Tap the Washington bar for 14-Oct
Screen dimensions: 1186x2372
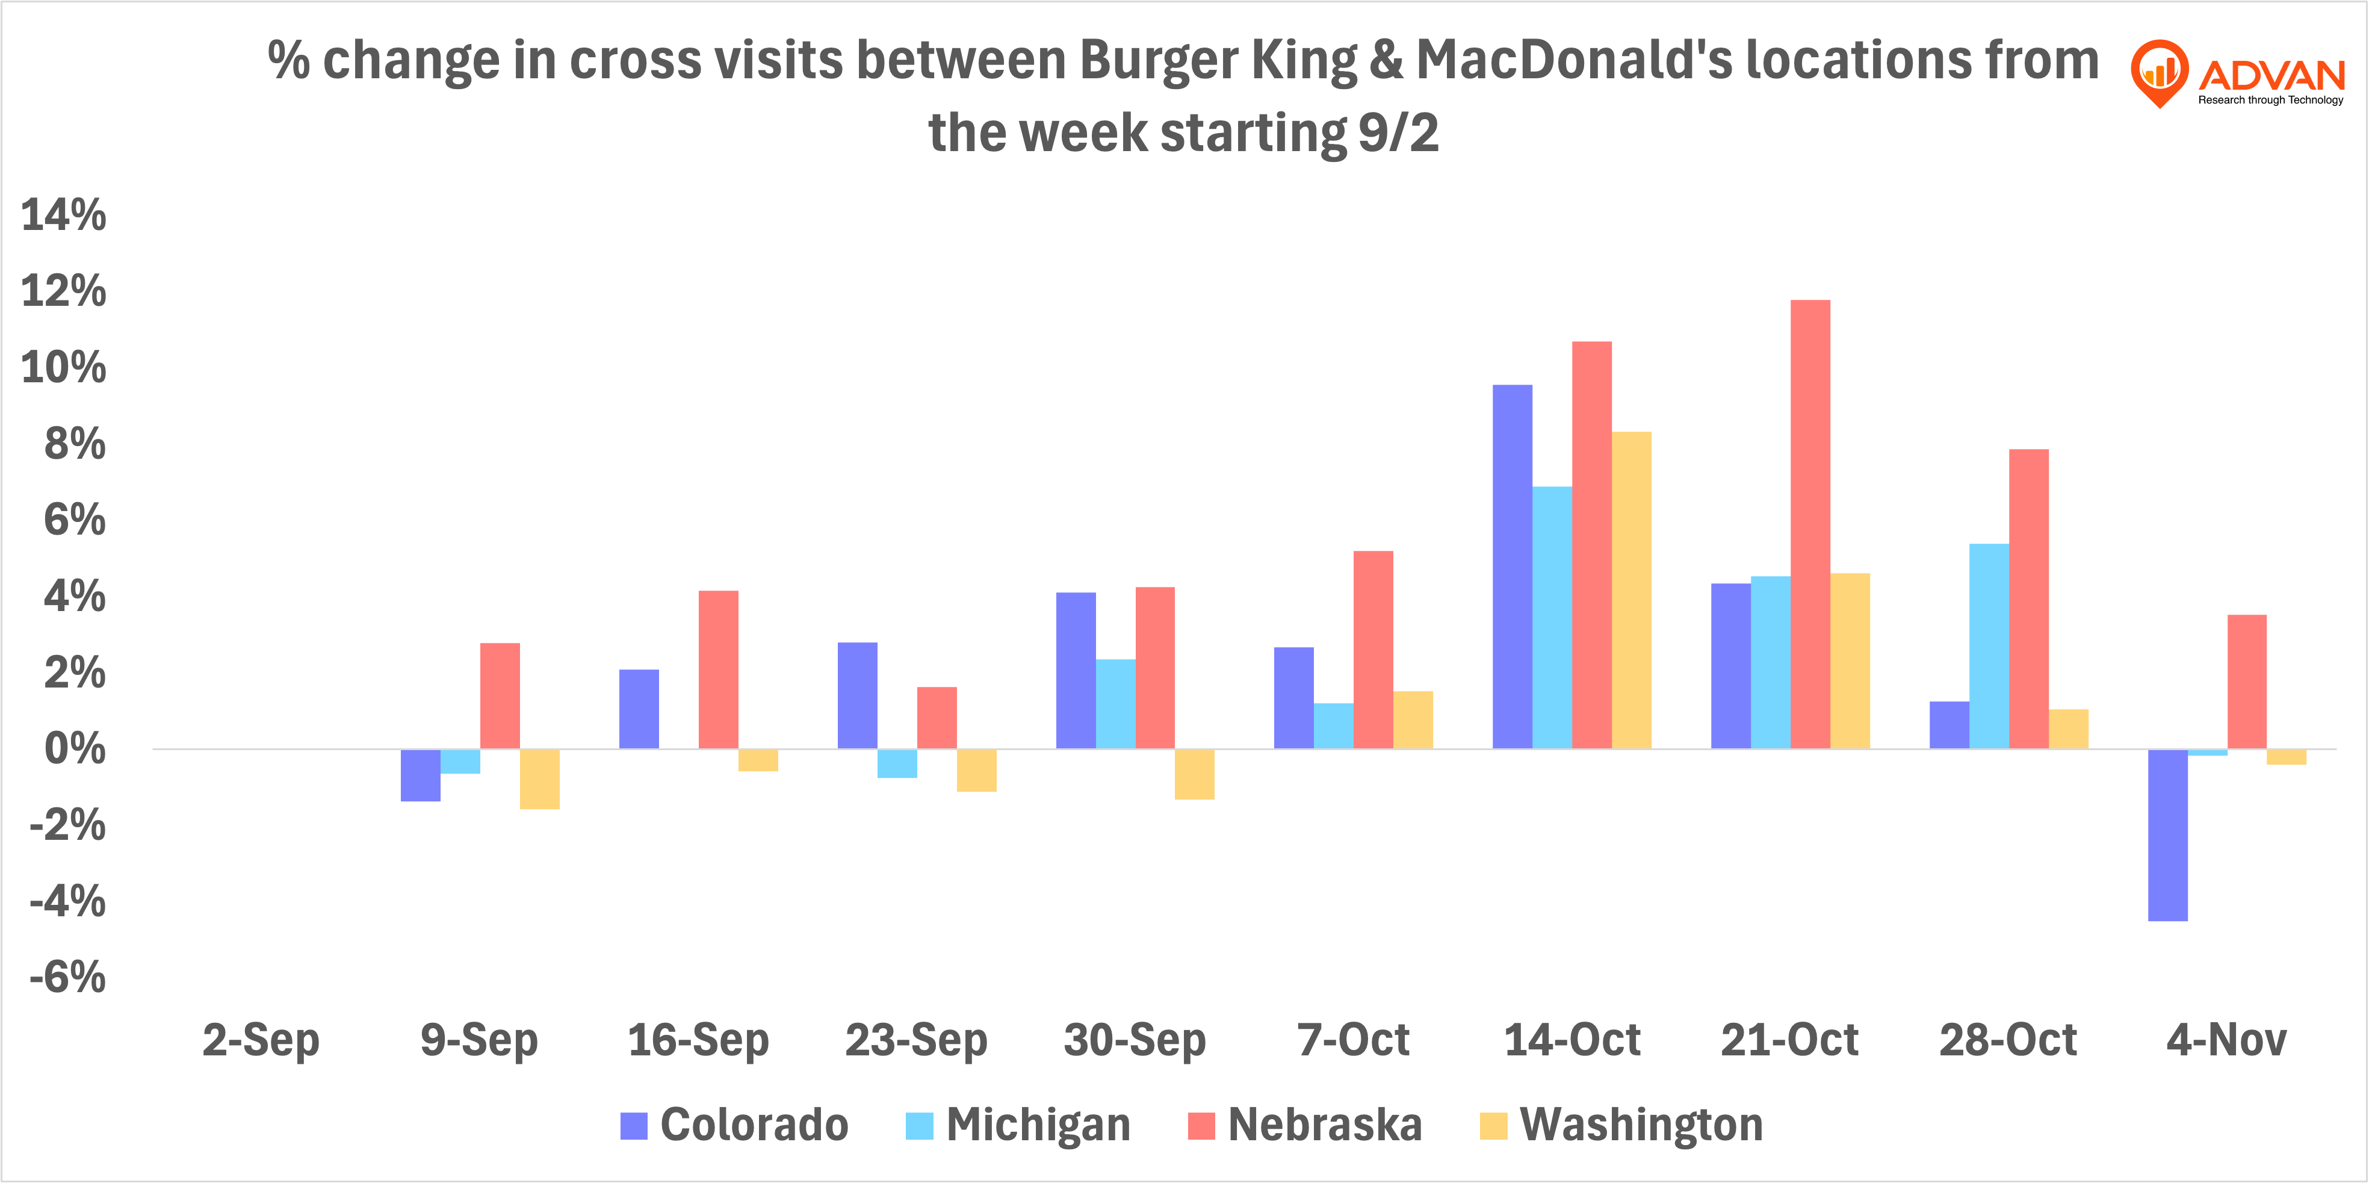tap(1632, 590)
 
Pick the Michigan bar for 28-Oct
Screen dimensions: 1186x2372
tap(1989, 645)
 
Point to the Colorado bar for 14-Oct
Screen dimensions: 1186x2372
tap(1512, 567)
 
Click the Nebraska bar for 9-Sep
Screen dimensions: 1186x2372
tap(500, 695)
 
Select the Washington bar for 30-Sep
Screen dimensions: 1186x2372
tap(1194, 774)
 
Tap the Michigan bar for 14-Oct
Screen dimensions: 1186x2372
tap(1552, 617)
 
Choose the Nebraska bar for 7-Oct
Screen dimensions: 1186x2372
tap(1373, 649)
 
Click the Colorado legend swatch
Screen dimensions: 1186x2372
tap(634, 1125)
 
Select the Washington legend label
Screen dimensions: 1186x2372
tap(1641, 1125)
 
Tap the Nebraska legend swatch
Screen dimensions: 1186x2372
tap(1201, 1125)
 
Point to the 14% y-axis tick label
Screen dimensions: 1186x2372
tap(63, 216)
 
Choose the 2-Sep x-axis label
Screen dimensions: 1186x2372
tap(261, 1040)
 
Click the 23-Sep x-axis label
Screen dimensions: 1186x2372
tap(916, 1040)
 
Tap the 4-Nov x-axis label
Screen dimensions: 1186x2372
tap(2226, 1040)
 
